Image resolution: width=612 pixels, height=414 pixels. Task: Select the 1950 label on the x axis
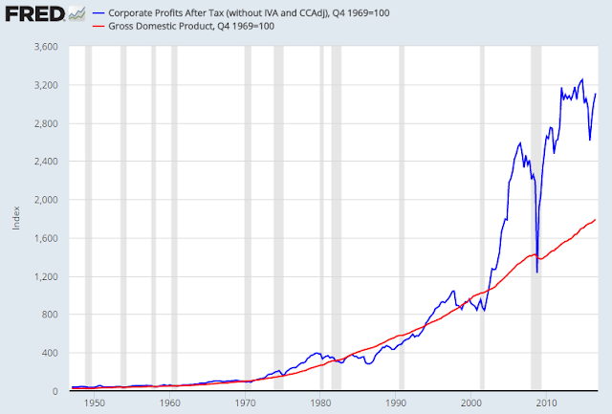pos(95,403)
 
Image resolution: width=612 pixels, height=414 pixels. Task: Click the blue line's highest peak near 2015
pos(582,79)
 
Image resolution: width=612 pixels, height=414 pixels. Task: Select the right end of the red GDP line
pos(596,220)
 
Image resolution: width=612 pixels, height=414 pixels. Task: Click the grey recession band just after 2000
pos(482,219)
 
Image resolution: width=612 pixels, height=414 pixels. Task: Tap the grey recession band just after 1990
pos(401,219)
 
